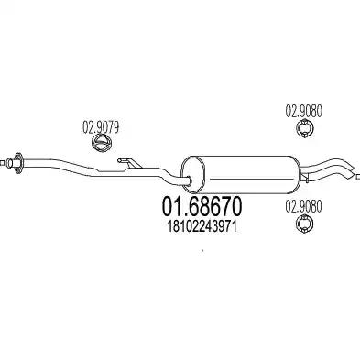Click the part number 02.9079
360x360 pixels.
coord(101,128)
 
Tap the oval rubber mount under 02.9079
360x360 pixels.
coord(102,143)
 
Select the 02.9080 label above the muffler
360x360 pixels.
coord(303,112)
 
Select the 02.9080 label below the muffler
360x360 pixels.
coord(303,207)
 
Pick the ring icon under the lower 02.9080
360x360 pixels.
coord(304,224)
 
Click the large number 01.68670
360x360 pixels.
coord(202,206)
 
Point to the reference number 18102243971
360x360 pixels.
coord(202,227)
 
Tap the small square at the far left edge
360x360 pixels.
coord(2,163)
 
